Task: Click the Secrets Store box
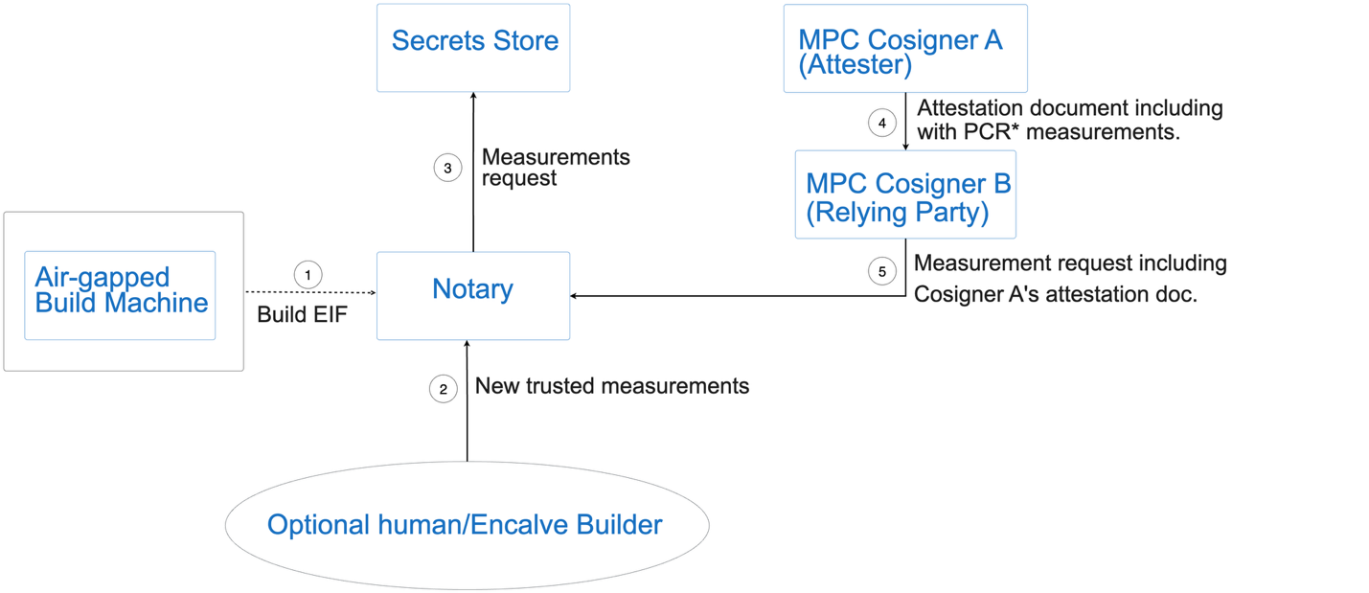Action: (473, 48)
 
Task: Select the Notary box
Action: (473, 295)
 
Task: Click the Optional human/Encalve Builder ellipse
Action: (467, 525)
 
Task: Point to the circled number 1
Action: (308, 275)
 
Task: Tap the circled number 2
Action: (443, 389)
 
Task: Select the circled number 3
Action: (447, 169)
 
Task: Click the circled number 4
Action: (881, 123)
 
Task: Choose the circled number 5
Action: (882, 272)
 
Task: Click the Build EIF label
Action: (302, 314)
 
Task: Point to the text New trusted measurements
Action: (612, 386)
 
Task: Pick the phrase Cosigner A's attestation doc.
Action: (1056, 295)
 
